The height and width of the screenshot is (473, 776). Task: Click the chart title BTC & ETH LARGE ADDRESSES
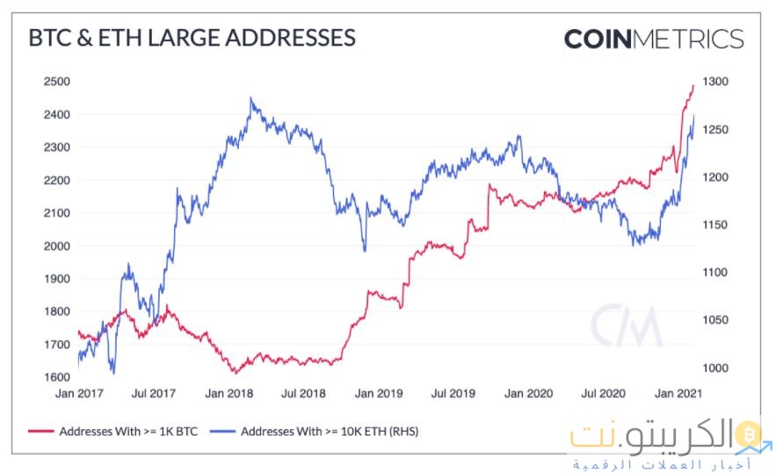point(192,38)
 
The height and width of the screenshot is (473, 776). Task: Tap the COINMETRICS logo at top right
point(653,40)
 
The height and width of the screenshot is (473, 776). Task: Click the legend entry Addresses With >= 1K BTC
point(118,432)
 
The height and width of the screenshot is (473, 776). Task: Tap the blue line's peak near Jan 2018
point(250,98)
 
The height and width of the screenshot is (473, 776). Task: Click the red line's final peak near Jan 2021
point(693,85)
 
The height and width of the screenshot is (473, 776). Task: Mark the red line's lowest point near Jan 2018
point(235,372)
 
